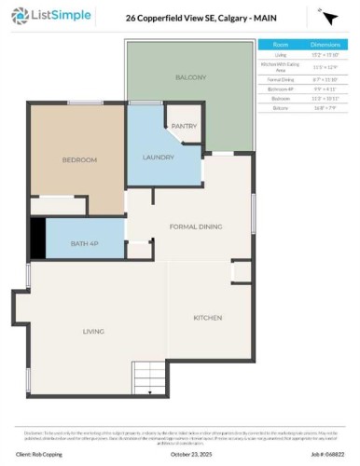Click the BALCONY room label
coord(190,78)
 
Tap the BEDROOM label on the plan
coord(79,160)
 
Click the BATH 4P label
coord(85,244)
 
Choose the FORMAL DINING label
coord(196,226)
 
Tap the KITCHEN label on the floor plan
coord(207,319)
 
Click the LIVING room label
coord(93,331)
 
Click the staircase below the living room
coord(149,378)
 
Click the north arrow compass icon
coord(328,18)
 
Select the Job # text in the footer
coord(322,455)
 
